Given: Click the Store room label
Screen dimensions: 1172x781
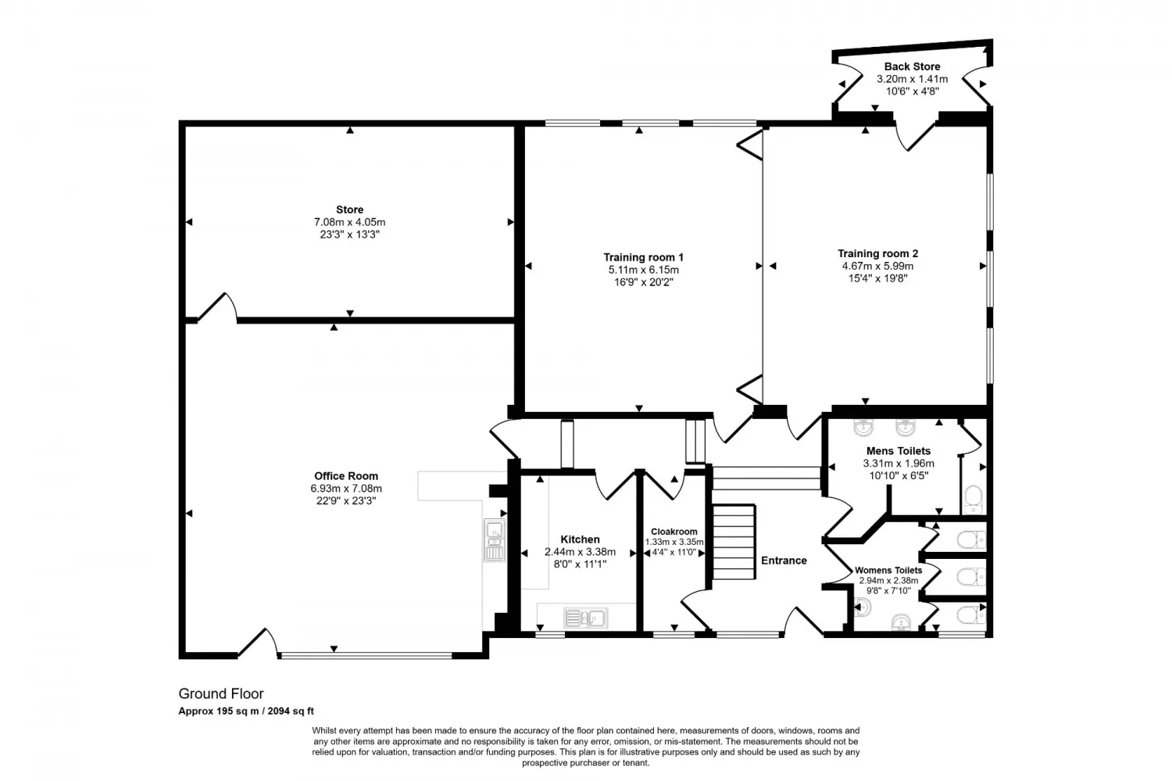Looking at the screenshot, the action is pyautogui.click(x=349, y=210).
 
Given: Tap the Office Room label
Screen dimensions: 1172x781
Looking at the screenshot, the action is pyautogui.click(x=346, y=476).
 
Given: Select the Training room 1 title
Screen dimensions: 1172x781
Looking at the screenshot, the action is pyautogui.click(x=643, y=257).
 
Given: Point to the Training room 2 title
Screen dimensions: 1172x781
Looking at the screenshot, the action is pyautogui.click(x=877, y=254).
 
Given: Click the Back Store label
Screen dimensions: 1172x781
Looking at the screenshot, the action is pyautogui.click(x=912, y=66).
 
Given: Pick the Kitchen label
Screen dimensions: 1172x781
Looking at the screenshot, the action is pyautogui.click(x=580, y=539).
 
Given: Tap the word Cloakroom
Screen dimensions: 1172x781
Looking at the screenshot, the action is pyautogui.click(x=674, y=532).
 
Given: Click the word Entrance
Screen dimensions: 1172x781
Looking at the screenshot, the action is pyautogui.click(x=784, y=561).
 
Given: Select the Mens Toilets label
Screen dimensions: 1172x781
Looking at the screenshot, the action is pyautogui.click(x=899, y=451).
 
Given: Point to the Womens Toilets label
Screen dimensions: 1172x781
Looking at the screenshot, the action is pyautogui.click(x=888, y=571).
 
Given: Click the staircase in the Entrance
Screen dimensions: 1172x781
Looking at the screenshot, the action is pyautogui.click(x=734, y=542).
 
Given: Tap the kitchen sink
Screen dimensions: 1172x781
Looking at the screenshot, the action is pyautogui.click(x=585, y=618).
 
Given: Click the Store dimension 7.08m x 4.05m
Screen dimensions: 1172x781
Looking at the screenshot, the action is pyautogui.click(x=349, y=223).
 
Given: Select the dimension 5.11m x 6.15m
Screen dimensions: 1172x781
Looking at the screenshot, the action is pyautogui.click(x=643, y=270).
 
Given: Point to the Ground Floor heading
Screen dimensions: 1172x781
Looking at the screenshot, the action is pyautogui.click(x=221, y=693).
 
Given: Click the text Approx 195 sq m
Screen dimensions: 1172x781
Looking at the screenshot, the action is pyautogui.click(x=219, y=711).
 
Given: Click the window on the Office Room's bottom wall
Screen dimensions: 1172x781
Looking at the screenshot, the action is pyautogui.click(x=366, y=655).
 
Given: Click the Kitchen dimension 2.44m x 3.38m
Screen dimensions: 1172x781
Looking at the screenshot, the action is pyautogui.click(x=580, y=552).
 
